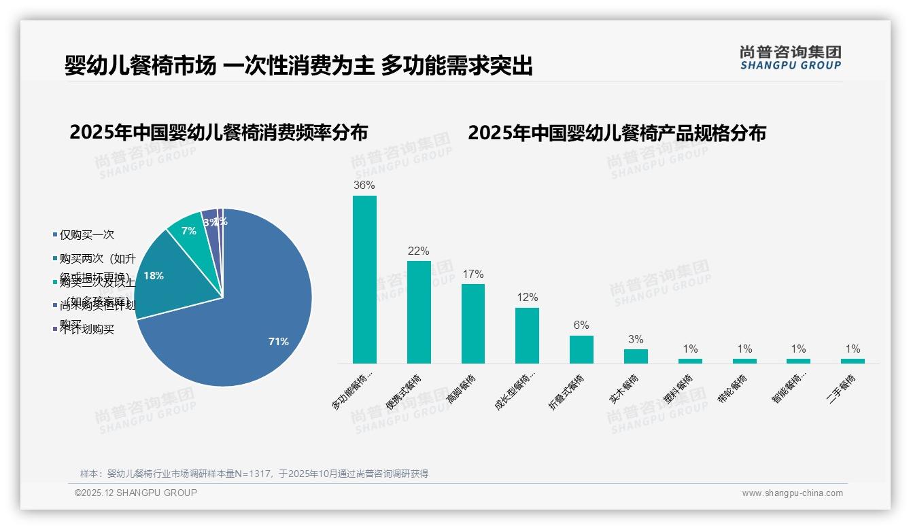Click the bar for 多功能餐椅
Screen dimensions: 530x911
(364, 279)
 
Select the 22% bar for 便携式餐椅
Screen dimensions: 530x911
(419, 312)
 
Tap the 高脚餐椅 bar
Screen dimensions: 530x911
(473, 323)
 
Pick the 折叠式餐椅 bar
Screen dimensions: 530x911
(581, 349)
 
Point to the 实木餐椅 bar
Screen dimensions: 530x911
(636, 356)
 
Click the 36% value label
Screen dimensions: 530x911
(364, 185)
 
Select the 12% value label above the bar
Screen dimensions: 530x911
(527, 297)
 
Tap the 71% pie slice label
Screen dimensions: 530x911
(279, 342)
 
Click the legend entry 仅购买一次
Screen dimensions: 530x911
(86, 235)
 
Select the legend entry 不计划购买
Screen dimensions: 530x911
(86, 330)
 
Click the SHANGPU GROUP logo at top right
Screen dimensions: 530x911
(791, 57)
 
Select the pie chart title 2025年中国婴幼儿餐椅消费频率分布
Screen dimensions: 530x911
(218, 132)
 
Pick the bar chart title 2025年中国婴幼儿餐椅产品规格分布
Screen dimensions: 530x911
(617, 132)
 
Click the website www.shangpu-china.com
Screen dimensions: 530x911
(792, 493)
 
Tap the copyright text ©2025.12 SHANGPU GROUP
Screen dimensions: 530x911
(136, 493)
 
